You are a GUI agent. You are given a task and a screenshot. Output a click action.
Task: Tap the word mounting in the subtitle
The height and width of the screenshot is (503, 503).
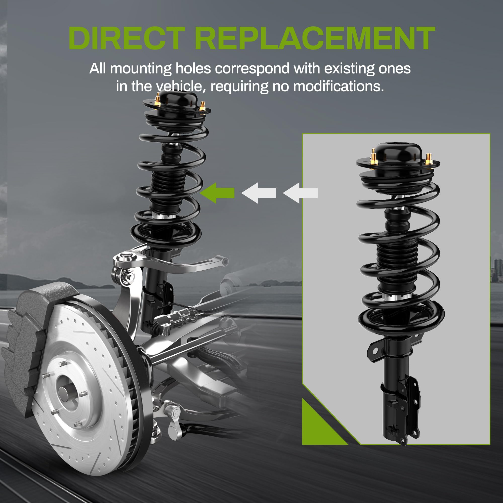click(141, 69)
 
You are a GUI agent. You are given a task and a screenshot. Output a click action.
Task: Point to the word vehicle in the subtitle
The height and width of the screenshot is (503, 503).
click(179, 86)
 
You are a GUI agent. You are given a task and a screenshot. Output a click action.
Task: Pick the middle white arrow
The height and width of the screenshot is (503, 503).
click(259, 193)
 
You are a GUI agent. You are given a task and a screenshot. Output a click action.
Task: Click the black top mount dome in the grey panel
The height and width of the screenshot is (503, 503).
click(398, 152)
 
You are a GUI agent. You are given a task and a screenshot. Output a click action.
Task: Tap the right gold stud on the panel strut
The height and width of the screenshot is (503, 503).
click(428, 159)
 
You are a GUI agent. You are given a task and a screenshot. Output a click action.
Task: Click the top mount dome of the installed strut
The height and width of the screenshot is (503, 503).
click(178, 100)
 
